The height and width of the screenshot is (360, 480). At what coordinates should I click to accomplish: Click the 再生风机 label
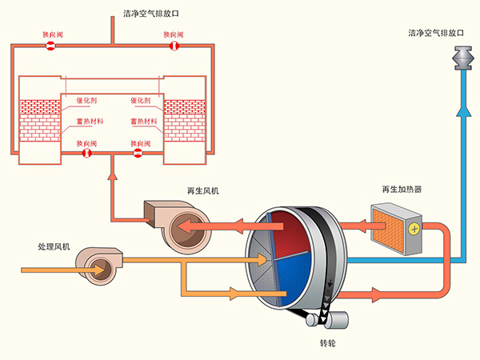click(203, 190)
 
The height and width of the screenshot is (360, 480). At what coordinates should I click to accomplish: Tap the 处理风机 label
click(54, 246)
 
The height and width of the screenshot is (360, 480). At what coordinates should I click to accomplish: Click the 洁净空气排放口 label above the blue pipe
click(437, 34)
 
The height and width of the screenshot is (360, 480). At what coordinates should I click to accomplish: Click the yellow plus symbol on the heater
click(414, 230)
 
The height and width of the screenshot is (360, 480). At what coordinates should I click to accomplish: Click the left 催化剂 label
click(86, 100)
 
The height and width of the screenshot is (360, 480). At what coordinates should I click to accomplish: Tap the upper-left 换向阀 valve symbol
click(49, 46)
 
